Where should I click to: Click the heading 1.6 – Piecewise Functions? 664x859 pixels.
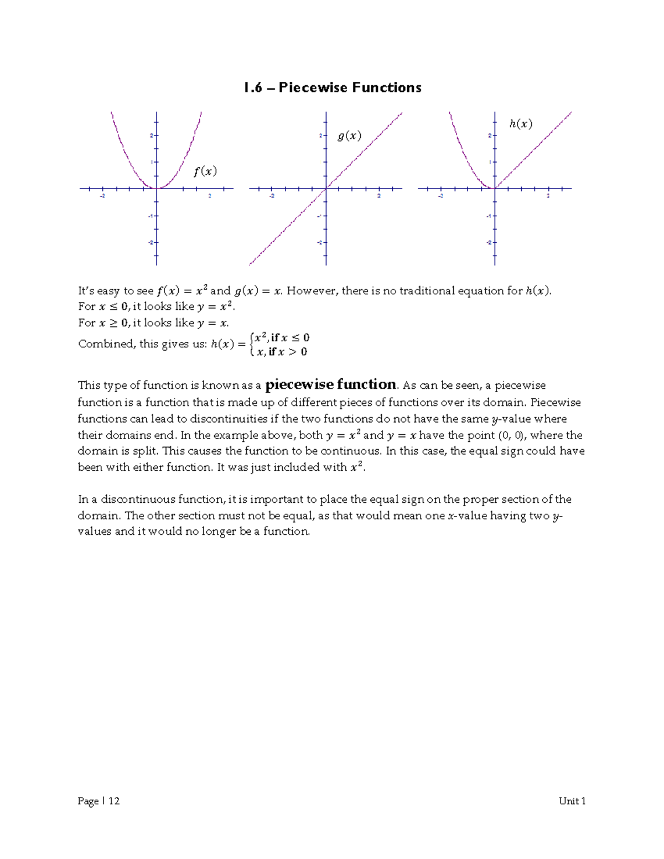[x=333, y=87]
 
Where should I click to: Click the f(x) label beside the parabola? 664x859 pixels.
[x=205, y=171]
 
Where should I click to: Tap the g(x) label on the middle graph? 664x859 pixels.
[x=349, y=136]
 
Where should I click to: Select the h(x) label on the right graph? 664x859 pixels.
[x=521, y=124]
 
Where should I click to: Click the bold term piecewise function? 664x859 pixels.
[x=331, y=384]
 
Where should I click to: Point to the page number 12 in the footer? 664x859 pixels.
[x=114, y=801]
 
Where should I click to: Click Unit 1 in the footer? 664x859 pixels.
[x=572, y=801]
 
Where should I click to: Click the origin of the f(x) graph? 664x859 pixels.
[x=157, y=189]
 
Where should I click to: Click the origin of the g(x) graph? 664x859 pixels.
[x=326, y=189]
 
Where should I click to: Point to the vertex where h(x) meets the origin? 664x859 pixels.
[x=495, y=189]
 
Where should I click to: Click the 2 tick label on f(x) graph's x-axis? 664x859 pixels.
[x=210, y=196]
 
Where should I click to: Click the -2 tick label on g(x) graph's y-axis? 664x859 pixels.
[x=319, y=243]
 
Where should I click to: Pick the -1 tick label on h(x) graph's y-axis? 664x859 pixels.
[x=488, y=216]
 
